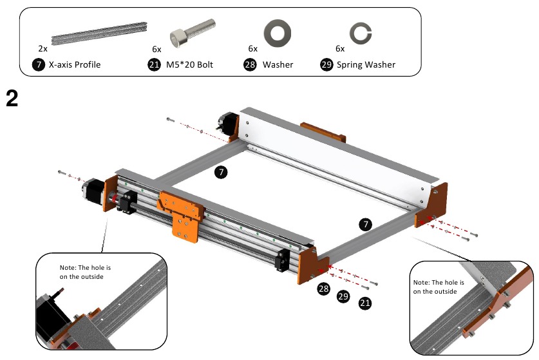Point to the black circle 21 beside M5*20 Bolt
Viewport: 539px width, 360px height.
(x=153, y=64)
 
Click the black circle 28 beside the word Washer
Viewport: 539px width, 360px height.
(x=250, y=64)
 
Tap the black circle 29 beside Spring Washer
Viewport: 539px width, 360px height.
(x=326, y=64)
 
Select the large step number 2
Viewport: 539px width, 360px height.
(x=12, y=99)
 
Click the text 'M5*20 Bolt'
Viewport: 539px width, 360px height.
(x=189, y=64)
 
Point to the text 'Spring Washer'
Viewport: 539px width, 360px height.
(x=366, y=64)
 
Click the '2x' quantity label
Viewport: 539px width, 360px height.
(x=43, y=48)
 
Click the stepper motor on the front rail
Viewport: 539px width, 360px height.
(x=93, y=191)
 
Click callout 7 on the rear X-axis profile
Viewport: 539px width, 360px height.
(x=221, y=172)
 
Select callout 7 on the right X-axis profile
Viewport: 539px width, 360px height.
(x=366, y=224)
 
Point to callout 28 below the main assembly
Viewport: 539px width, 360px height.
(x=323, y=290)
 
